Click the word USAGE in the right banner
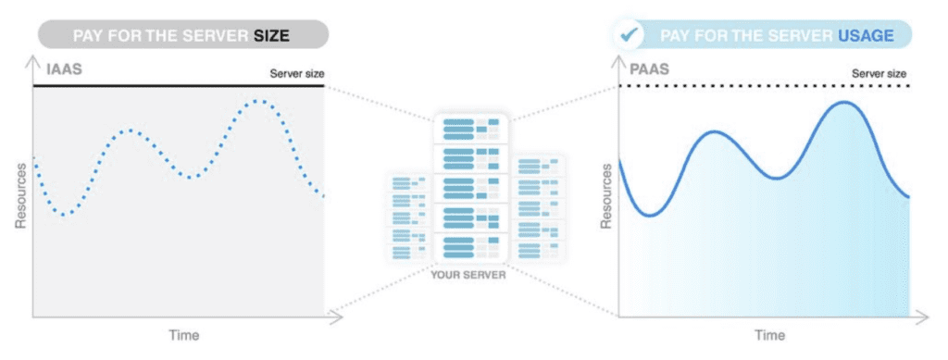click(866, 35)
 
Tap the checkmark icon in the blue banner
click(630, 35)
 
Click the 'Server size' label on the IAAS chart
click(296, 73)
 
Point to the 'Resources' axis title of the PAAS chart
click(606, 196)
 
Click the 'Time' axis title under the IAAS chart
click(182, 334)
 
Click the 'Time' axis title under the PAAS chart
click(770, 334)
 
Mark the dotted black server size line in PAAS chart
click(768, 86)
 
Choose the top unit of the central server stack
click(470, 128)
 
